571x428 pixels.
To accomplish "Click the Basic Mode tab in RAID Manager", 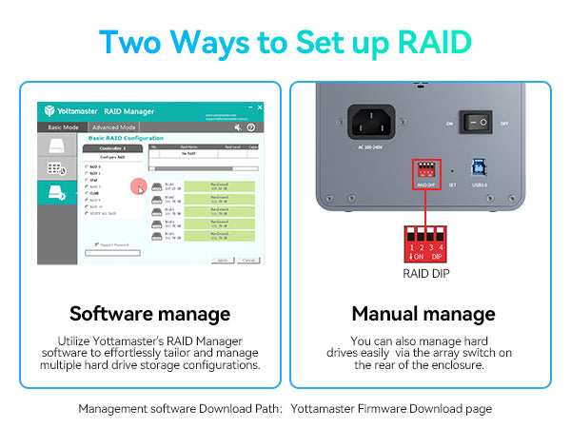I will [x=63, y=126].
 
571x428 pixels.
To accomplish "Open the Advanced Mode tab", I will [x=114, y=126].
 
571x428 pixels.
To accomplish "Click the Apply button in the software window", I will [x=221, y=260].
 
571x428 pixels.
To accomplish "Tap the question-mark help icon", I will [x=251, y=126].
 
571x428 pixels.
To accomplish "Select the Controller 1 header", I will [x=113, y=149].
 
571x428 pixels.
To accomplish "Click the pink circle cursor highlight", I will [x=137, y=188].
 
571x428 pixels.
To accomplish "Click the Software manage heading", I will [x=149, y=313].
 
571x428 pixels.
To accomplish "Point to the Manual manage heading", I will [x=423, y=313].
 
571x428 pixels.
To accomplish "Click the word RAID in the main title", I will [x=423, y=42].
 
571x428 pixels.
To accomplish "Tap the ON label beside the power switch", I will [x=448, y=123].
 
